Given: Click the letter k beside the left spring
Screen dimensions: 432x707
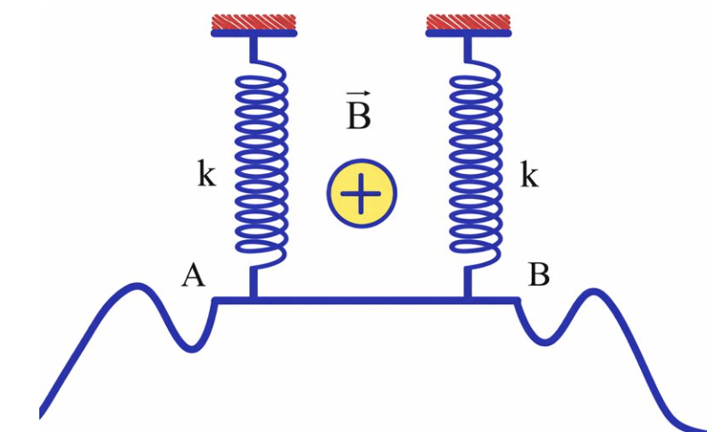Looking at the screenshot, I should click(x=206, y=176).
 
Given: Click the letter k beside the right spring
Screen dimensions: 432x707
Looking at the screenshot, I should click(x=529, y=176).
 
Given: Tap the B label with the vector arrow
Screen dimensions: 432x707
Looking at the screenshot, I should click(x=358, y=114).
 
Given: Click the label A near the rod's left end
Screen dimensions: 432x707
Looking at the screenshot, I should click(x=193, y=277).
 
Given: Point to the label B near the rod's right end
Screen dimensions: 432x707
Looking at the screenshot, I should click(x=538, y=275).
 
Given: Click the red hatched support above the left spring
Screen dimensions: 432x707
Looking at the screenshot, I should click(x=254, y=21).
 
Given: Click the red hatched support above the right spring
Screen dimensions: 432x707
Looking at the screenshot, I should click(x=469, y=21).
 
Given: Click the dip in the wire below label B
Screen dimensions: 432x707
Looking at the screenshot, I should click(x=541, y=340).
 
